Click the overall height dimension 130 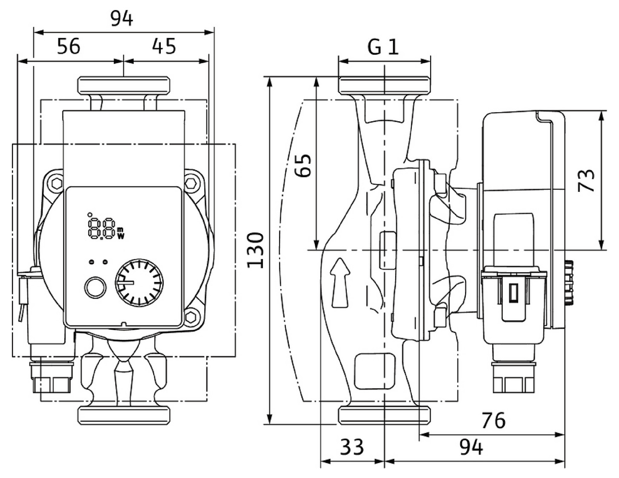(256, 250)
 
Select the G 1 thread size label (383, 47)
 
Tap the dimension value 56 (68, 46)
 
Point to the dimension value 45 (164, 46)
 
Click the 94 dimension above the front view (122, 19)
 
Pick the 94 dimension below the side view (471, 447)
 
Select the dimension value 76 (493, 421)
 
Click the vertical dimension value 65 (304, 166)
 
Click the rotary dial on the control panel (139, 283)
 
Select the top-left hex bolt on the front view (56, 184)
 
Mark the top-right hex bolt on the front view (191, 184)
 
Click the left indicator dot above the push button (91, 262)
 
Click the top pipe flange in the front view (124, 85)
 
